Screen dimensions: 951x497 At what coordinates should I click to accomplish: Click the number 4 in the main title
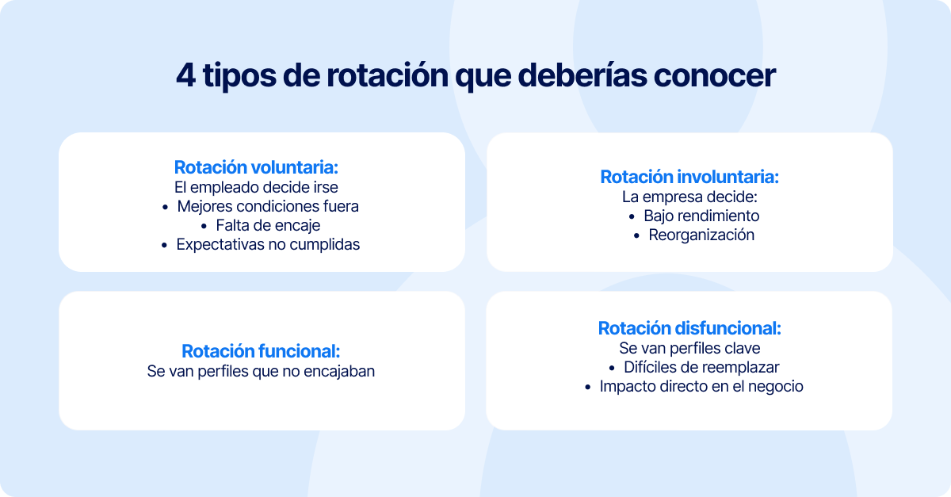[186, 75]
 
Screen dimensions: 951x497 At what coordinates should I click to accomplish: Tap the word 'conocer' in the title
[715, 75]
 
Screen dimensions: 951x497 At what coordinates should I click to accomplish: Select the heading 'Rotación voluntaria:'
[256, 167]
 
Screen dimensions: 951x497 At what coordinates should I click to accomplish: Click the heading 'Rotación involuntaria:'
[689, 177]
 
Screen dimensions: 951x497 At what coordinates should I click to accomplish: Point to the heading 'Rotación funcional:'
[261, 351]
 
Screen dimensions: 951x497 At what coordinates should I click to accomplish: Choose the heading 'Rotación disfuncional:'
[689, 328]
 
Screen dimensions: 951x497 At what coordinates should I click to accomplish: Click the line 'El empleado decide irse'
[256, 187]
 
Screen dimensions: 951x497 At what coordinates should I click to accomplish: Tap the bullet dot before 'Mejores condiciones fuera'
[165, 208]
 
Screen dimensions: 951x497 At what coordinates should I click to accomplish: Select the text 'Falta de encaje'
[268, 226]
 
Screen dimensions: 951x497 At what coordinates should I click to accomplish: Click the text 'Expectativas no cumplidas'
[268, 245]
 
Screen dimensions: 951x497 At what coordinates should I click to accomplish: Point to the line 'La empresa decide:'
[689, 197]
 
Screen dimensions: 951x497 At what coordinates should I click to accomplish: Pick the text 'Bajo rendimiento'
[701, 216]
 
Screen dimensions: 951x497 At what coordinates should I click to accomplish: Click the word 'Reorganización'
[701, 235]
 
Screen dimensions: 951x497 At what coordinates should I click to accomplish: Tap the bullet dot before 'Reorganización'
[636, 236]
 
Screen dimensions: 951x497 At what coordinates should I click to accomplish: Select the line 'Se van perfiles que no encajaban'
[261, 371]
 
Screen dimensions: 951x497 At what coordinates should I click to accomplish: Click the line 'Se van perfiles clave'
[689, 348]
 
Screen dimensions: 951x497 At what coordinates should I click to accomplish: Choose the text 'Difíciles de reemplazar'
[701, 368]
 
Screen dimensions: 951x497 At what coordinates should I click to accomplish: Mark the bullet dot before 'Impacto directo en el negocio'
[587, 388]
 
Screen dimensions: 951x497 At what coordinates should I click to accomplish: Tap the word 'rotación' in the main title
[388, 75]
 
